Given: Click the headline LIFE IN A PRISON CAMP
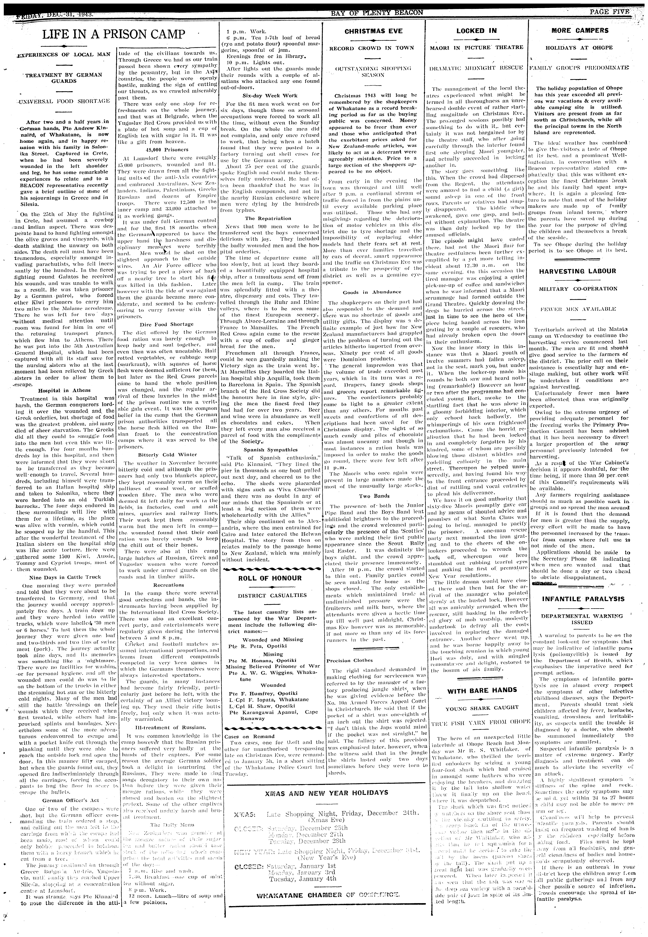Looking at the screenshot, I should (x=114, y=35).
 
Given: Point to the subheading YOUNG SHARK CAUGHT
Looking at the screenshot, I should (x=482, y=707).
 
